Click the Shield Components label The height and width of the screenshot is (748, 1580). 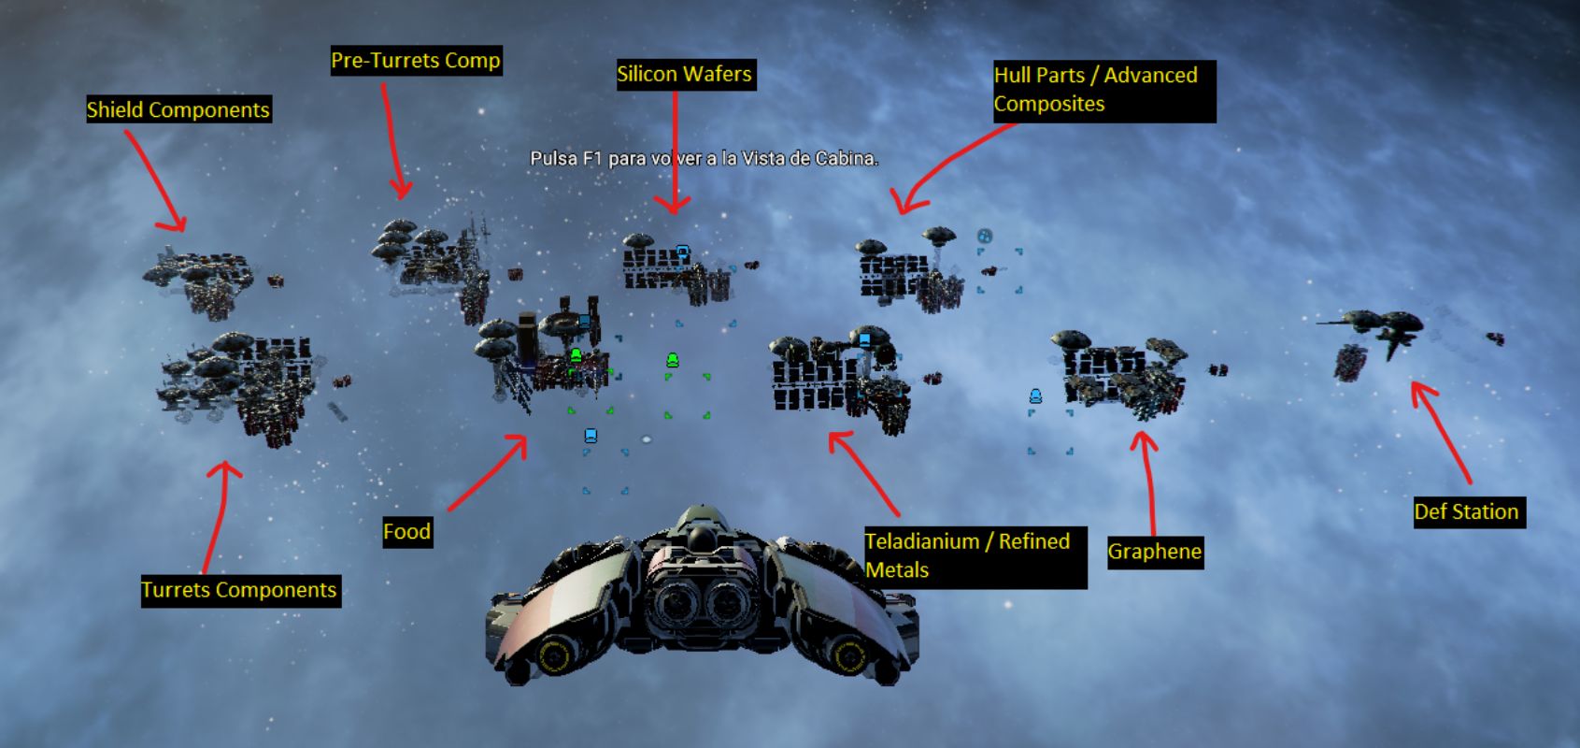[x=178, y=109]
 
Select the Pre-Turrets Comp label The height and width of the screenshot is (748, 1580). [x=416, y=61]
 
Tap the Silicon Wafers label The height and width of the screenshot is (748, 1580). [x=684, y=75]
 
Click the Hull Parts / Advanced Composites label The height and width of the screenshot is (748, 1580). [x=1103, y=90]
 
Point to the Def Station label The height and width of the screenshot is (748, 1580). [x=1467, y=512]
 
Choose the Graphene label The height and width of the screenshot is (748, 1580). [x=1154, y=552]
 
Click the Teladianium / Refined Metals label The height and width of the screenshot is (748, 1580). [x=974, y=556]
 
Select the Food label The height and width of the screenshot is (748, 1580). [x=406, y=532]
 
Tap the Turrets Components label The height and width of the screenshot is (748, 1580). [x=239, y=590]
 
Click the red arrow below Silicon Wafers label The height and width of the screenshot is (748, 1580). [x=674, y=150]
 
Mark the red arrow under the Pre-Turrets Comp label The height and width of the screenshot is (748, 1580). [x=393, y=140]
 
